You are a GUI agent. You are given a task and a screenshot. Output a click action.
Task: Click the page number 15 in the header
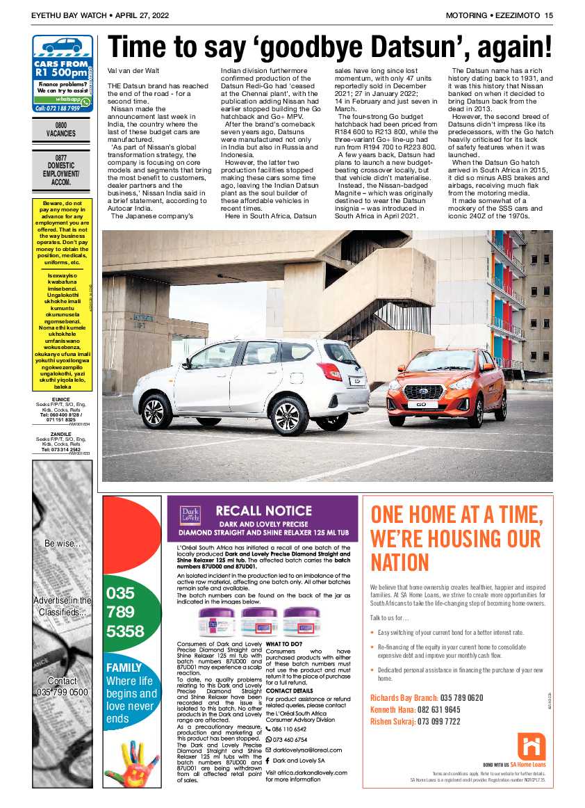click(x=548, y=15)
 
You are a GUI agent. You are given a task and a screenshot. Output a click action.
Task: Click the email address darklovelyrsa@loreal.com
click(x=308, y=750)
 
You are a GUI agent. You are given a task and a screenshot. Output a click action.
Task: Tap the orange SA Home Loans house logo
click(x=532, y=745)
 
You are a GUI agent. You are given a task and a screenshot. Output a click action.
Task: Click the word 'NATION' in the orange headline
click(x=399, y=562)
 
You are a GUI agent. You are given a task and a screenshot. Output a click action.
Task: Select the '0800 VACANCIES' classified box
click(x=61, y=129)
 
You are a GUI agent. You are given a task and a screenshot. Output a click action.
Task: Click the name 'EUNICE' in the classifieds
click(x=61, y=398)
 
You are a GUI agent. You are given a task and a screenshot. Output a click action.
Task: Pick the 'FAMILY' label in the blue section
click(x=124, y=668)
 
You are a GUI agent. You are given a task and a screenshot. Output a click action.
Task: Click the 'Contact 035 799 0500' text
click(x=63, y=686)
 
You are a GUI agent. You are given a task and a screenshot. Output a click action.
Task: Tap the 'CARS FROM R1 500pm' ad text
click(x=61, y=67)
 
